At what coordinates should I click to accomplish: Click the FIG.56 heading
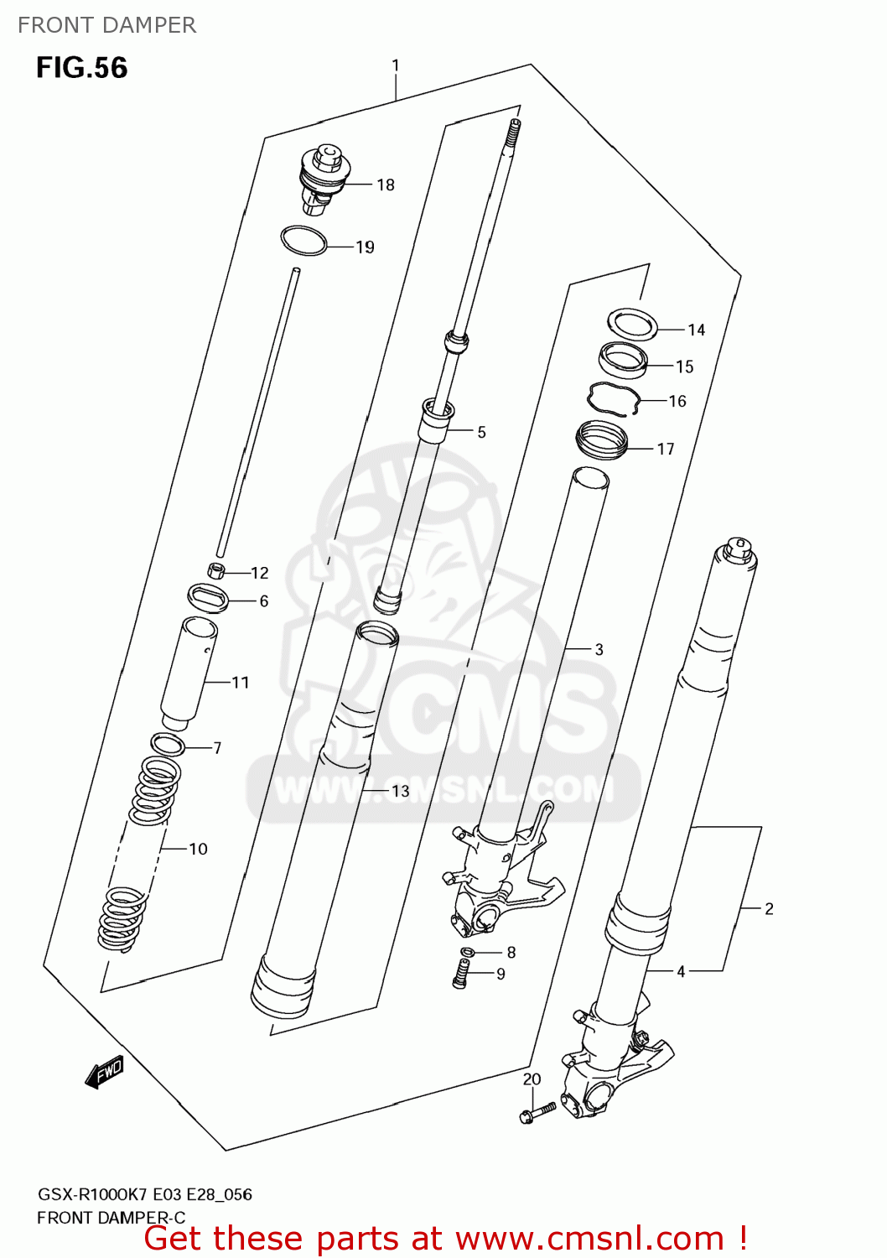[81, 68]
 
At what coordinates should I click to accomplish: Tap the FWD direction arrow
[105, 1073]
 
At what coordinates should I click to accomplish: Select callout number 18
[386, 185]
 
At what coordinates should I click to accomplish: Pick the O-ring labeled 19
[303, 241]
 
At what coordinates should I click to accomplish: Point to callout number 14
[697, 330]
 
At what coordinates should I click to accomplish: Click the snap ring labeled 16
[615, 398]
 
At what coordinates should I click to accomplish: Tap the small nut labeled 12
[216, 571]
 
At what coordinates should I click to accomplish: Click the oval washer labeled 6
[208, 598]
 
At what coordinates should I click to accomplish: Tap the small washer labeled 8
[468, 952]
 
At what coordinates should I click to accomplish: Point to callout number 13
[401, 791]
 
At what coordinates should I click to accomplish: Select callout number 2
[769, 908]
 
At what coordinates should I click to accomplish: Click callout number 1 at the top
[396, 65]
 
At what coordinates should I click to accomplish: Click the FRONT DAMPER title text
[106, 25]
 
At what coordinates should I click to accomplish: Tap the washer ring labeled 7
[167, 744]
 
